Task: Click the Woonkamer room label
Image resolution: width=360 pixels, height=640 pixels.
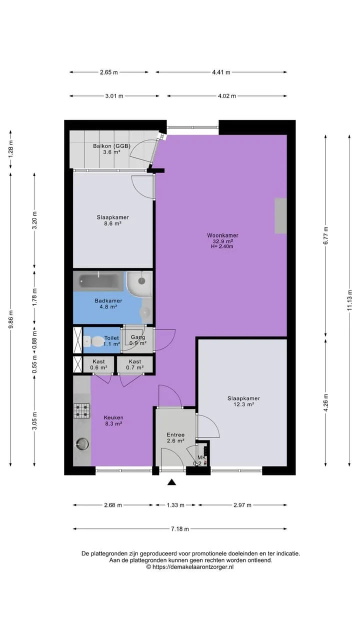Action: click(x=222, y=235)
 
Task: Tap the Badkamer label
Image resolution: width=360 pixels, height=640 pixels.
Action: click(x=108, y=300)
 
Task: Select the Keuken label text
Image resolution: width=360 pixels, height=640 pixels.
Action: click(x=113, y=417)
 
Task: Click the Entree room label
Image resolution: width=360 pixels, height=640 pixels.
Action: click(x=175, y=434)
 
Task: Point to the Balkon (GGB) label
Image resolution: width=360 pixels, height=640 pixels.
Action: click(x=111, y=146)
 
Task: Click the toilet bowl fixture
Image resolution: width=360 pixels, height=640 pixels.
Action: click(x=94, y=341)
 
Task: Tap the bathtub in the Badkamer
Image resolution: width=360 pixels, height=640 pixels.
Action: click(x=99, y=281)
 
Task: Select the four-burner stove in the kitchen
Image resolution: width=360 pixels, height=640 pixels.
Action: click(x=81, y=410)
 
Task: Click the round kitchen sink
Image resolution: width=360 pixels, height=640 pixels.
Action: click(x=81, y=444)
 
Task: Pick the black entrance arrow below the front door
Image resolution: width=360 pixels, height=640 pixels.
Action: click(x=171, y=482)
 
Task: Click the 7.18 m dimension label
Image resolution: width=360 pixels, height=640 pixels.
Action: click(x=180, y=529)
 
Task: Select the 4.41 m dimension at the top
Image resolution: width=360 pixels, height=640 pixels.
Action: click(x=221, y=72)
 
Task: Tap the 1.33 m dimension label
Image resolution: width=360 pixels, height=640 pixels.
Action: click(x=175, y=505)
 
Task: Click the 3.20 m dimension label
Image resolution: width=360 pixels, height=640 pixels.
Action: click(x=34, y=220)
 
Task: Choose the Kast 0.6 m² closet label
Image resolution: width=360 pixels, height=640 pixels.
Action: click(x=98, y=364)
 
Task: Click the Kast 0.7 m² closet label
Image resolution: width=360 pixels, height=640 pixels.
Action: click(x=135, y=364)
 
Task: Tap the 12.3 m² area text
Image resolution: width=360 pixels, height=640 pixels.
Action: click(x=243, y=404)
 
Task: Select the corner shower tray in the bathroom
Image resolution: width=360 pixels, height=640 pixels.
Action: click(x=139, y=283)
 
